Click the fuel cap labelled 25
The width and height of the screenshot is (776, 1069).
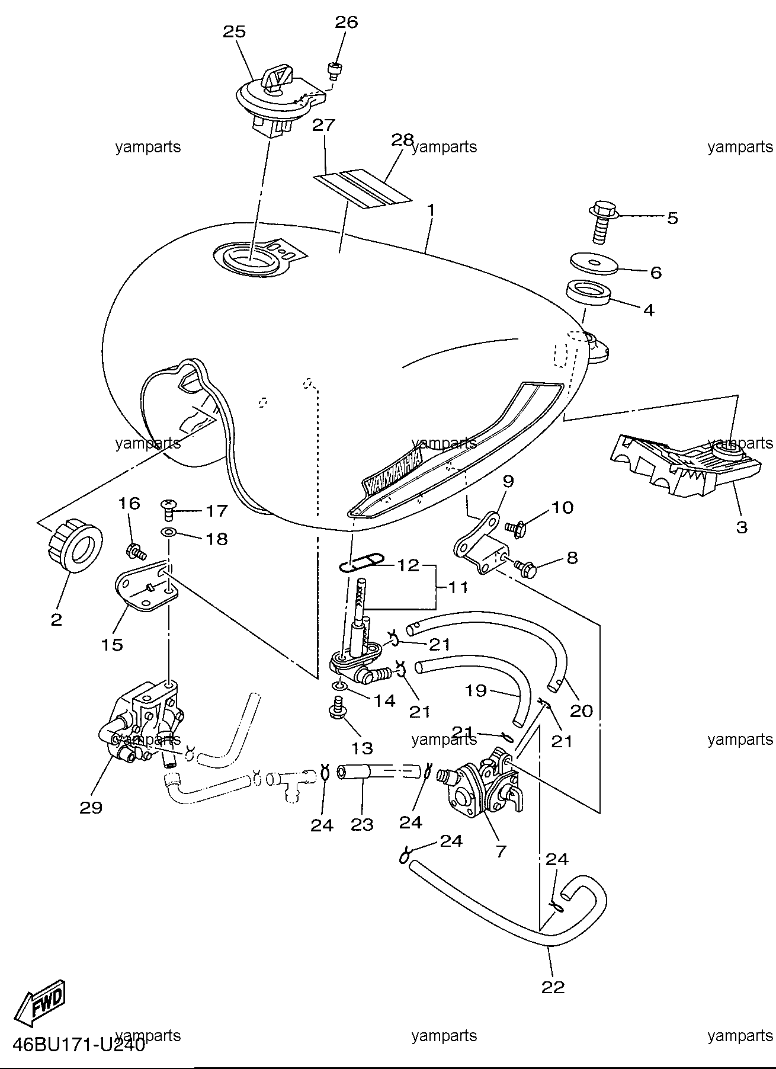[x=279, y=101]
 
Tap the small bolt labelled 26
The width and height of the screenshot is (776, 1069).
[x=335, y=71]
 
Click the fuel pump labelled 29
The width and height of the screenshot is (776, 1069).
[x=142, y=726]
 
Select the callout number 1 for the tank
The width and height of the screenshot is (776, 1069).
[x=431, y=210]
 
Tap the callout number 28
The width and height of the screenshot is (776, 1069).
[x=402, y=140]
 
